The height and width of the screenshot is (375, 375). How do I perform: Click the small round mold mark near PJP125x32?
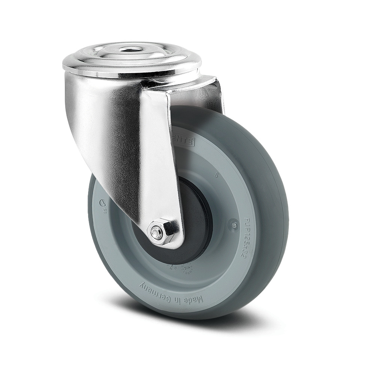(234, 225)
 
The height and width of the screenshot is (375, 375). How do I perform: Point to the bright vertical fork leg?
(157, 157)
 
